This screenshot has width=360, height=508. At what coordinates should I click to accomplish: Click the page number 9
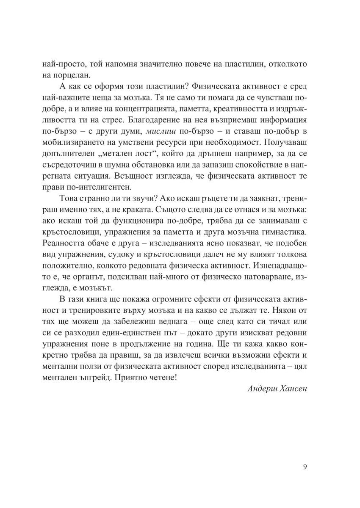[305, 467]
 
